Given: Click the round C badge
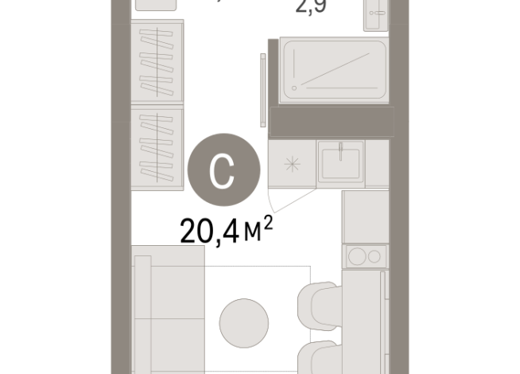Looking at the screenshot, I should pyautogui.click(x=223, y=169).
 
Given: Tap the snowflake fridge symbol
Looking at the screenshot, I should pyautogui.click(x=292, y=165).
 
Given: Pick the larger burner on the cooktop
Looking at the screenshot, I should pyautogui.click(x=356, y=257).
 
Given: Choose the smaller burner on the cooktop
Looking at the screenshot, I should pyautogui.click(x=373, y=257).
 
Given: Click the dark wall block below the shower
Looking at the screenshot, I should pyautogui.click(x=332, y=121).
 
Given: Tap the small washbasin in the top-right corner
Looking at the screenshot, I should pyautogui.click(x=376, y=14).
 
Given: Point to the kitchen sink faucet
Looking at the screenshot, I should pyautogui.click(x=340, y=149).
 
